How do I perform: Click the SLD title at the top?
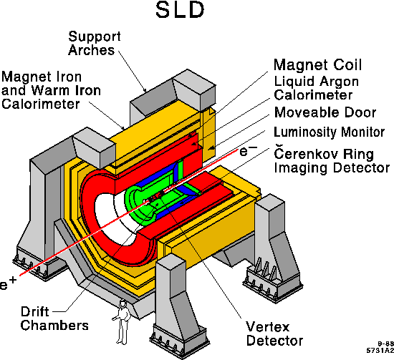(180, 10)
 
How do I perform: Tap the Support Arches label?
(95, 43)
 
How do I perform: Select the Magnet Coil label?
(317, 64)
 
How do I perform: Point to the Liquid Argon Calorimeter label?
(316, 88)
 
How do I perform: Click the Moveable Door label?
(325, 112)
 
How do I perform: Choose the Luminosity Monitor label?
(330, 132)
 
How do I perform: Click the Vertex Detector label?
(274, 334)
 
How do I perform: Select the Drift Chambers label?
(54, 318)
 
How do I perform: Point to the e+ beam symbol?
(9, 283)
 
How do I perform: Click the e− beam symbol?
(249, 150)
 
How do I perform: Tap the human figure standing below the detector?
(122, 322)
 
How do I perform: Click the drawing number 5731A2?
(380, 351)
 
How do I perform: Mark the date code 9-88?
(385, 344)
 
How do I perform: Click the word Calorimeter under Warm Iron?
(41, 104)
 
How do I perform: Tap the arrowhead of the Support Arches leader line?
(145, 90)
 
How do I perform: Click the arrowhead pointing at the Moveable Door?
(211, 148)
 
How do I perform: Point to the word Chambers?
(54, 326)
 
